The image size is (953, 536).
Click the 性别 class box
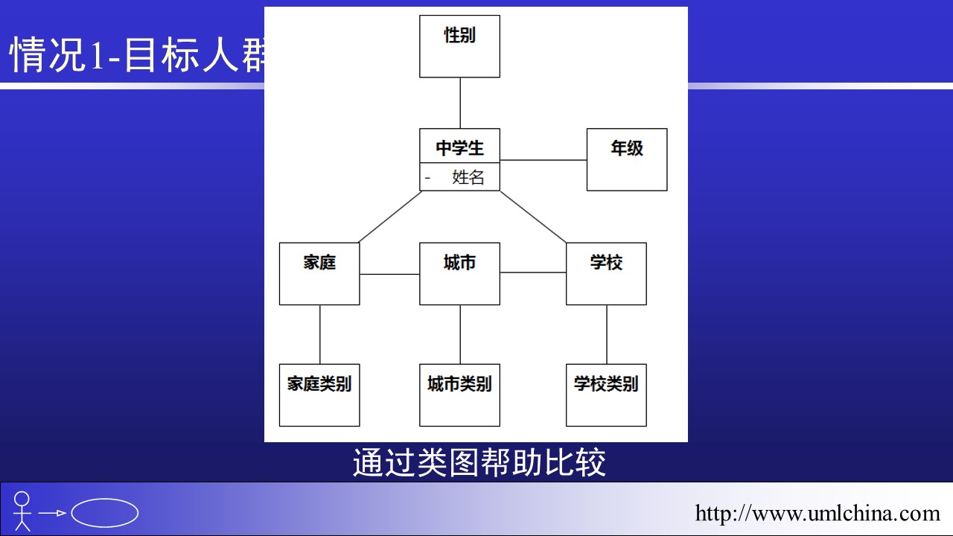point(459,46)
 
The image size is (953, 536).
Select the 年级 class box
point(627,159)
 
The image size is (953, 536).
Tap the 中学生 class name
point(459,147)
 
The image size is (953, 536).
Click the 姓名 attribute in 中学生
point(468,177)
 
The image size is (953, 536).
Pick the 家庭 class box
point(319,273)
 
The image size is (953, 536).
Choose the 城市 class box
point(459,273)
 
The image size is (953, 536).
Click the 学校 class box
point(606,273)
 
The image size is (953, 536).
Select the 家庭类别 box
point(319,395)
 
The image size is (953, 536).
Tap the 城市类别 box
point(459,395)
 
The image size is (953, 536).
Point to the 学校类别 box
point(606,395)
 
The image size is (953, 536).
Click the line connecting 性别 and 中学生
point(459,103)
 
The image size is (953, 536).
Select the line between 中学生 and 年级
point(543,160)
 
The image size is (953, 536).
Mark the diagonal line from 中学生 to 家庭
point(390,217)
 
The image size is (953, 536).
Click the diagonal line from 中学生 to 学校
point(532,217)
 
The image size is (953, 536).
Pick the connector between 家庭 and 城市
point(389,274)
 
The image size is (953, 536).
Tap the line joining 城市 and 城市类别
point(459,334)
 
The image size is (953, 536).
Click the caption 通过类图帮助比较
point(479,462)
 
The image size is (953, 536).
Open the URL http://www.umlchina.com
point(817,513)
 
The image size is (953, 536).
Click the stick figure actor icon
point(22,511)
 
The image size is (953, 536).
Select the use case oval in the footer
point(105,512)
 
